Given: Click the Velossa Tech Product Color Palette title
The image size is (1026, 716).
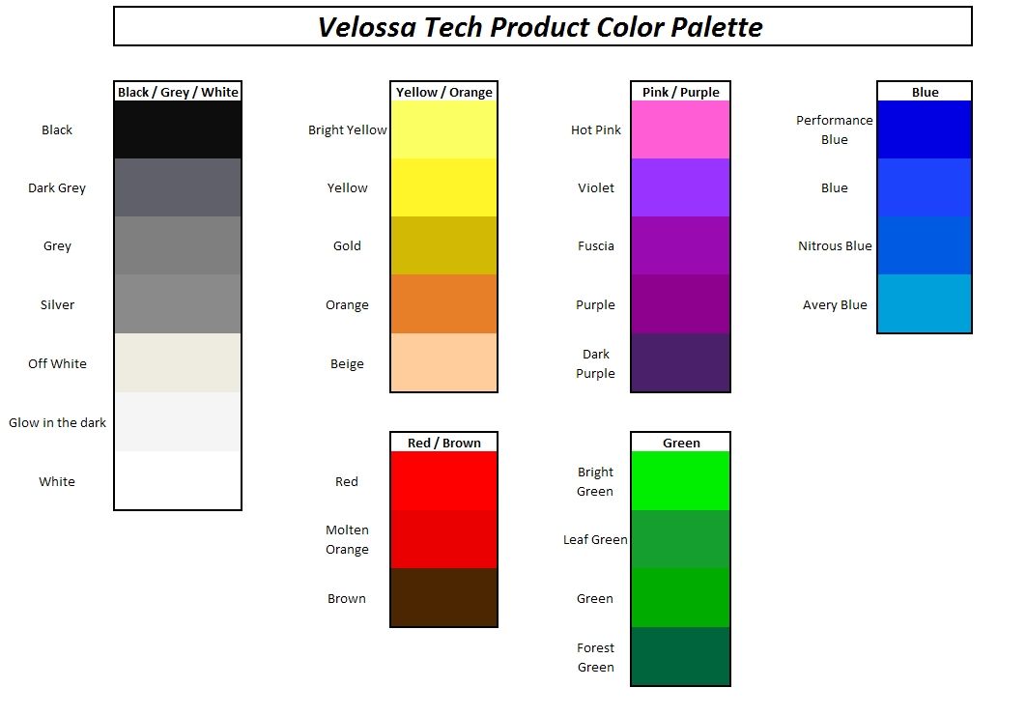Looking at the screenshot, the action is click(x=540, y=27).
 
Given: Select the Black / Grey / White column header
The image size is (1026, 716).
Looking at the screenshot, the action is click(x=178, y=92).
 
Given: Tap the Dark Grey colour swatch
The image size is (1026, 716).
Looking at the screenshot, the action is click(x=178, y=187).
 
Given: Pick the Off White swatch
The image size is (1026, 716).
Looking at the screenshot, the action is click(x=178, y=363).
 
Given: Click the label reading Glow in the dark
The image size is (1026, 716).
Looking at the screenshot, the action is click(x=58, y=423).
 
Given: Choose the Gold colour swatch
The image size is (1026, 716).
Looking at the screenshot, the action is click(x=443, y=245).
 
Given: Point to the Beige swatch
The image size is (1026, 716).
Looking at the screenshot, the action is click(x=443, y=362).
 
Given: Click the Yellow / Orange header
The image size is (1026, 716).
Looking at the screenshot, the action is click(x=443, y=92).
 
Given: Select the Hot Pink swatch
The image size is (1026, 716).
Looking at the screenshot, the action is click(x=680, y=129).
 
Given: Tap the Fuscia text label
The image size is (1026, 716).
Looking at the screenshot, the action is click(x=595, y=246).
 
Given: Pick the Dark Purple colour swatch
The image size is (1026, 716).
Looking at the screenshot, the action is click(x=680, y=362).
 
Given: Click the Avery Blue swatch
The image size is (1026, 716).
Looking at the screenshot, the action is click(x=925, y=303).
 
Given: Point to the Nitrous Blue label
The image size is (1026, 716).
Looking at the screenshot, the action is click(x=835, y=246).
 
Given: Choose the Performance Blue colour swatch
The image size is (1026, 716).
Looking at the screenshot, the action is click(x=925, y=129).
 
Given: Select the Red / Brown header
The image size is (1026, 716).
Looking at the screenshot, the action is click(x=443, y=443).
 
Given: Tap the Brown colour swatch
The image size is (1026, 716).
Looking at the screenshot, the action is click(x=443, y=597).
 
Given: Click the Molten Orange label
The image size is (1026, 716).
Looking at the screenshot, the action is click(x=347, y=540).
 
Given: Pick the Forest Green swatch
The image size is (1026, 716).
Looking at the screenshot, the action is click(x=680, y=656).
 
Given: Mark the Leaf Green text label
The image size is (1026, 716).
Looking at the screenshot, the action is click(x=595, y=540).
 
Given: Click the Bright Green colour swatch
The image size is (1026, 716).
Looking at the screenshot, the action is click(x=680, y=480).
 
